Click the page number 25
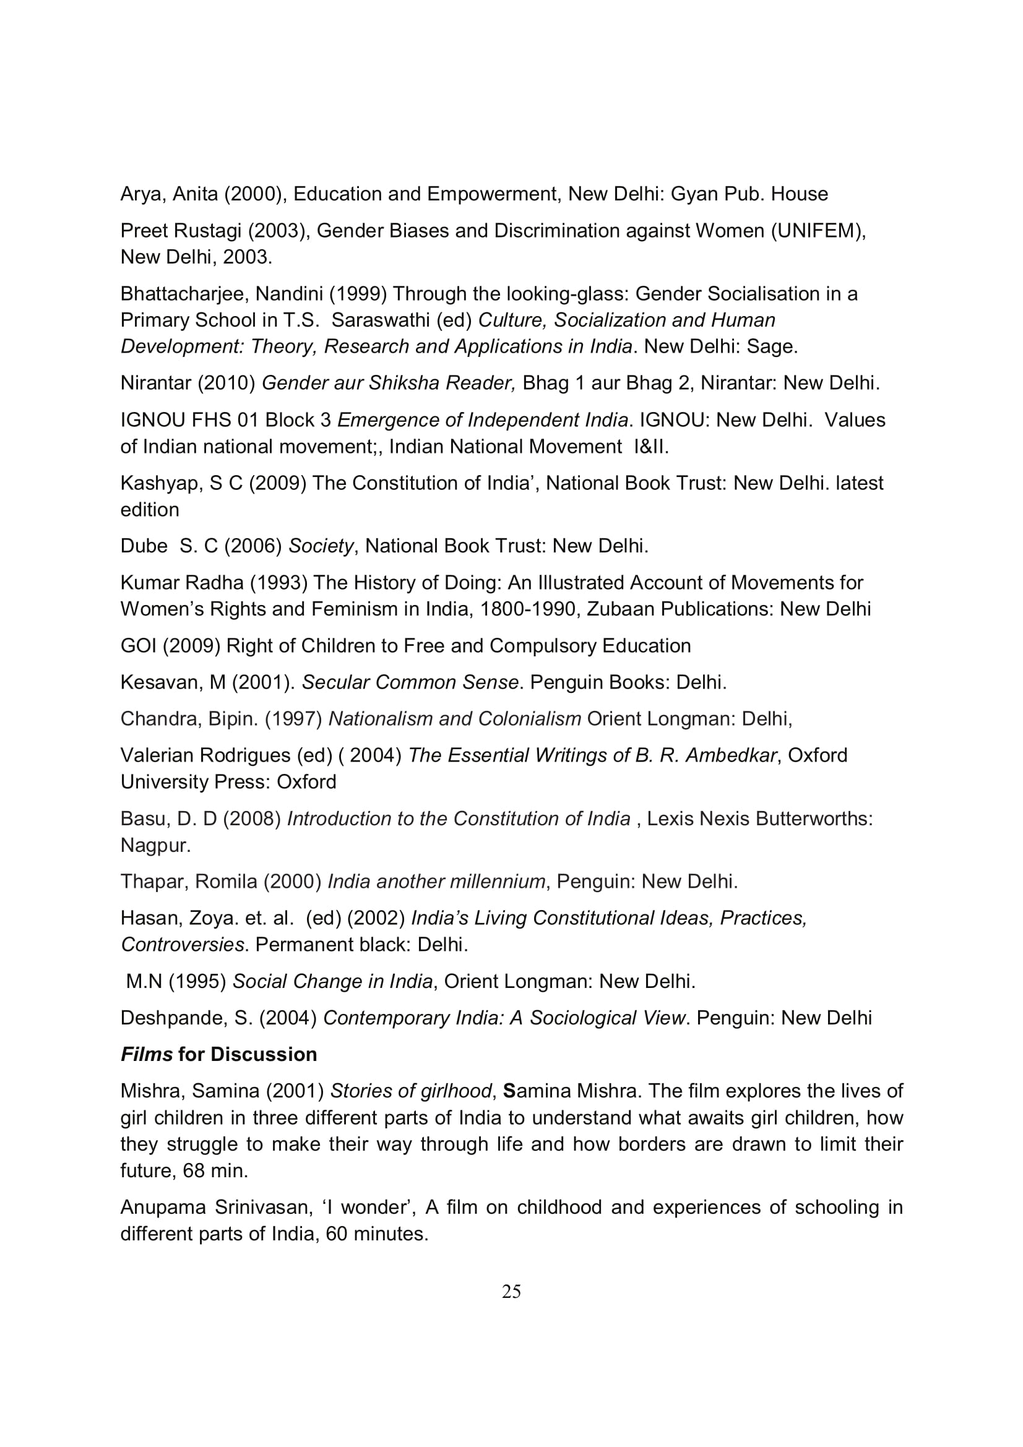[x=511, y=1292]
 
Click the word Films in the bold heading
[x=146, y=1054]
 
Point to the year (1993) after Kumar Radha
[x=278, y=582]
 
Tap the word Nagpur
[x=155, y=845]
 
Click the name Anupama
[x=163, y=1207]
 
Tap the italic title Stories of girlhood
[x=411, y=1091]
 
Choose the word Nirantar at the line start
[x=156, y=382]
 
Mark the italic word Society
[x=321, y=546]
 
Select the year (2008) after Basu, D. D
[x=252, y=818]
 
